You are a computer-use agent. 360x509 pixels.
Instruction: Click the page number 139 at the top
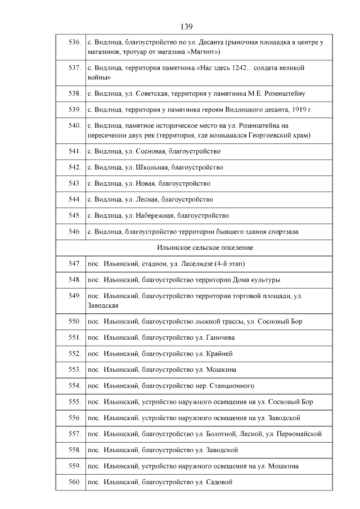pyautogui.click(x=187, y=26)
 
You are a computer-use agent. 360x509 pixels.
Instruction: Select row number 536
pyautogui.click(x=74, y=42)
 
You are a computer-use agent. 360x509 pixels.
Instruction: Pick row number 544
pyautogui.click(x=74, y=199)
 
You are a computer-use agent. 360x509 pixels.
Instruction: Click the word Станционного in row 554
pyautogui.click(x=231, y=386)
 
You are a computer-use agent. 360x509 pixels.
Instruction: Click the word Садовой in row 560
pyautogui.click(x=219, y=482)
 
